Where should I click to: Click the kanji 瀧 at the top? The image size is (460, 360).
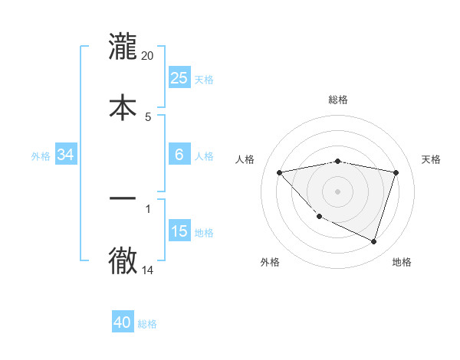coord(123,47)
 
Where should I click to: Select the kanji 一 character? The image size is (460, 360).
coord(123,198)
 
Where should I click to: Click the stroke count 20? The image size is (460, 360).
coord(148,56)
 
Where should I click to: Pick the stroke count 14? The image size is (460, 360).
coord(148,270)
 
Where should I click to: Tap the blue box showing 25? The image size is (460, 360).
coord(179,77)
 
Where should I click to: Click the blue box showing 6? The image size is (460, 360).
coord(179,154)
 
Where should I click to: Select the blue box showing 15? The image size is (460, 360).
coord(179,231)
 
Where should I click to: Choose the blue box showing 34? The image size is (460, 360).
coord(66,154)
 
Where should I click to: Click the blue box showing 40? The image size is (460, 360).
coord(123,322)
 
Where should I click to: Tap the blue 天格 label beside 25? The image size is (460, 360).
coord(204,79)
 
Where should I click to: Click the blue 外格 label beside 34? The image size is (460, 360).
coord(41,155)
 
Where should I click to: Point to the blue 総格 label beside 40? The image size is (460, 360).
coord(147,324)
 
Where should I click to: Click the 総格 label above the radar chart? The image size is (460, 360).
coord(338,100)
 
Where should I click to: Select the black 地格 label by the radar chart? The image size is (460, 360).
coord(402,262)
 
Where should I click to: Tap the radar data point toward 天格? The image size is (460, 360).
coord(396,172)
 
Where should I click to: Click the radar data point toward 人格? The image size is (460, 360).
coord(279,172)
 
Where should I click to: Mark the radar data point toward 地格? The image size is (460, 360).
coord(374,241)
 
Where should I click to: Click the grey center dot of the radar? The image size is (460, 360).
coord(338,191)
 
